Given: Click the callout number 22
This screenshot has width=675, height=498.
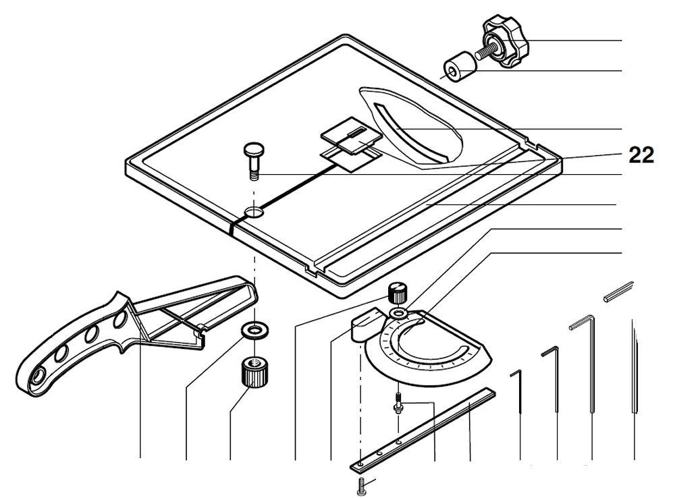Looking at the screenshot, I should click(641, 155).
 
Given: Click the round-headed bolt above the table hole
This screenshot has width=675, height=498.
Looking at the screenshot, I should click(253, 159).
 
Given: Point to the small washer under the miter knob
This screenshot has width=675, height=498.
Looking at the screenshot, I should click(399, 314).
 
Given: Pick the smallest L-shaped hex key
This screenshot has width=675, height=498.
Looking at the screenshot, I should click(519, 398).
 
